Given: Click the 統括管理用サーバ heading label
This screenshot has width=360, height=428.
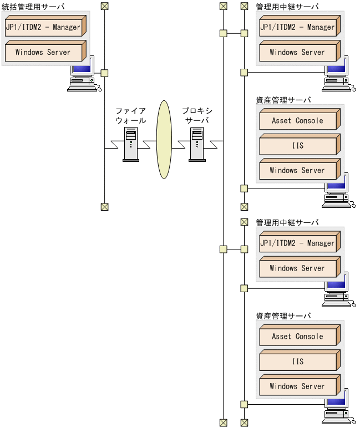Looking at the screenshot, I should (x=33, y=6).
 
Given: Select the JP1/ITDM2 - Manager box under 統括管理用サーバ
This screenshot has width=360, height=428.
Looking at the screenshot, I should (x=43, y=27).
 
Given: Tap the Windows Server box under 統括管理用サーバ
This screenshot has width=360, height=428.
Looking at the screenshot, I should (x=43, y=52).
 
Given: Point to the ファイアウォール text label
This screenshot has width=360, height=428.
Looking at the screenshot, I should (x=131, y=115).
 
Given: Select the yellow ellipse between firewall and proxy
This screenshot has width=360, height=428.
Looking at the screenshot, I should (x=164, y=139).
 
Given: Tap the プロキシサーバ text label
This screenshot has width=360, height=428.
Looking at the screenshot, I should (x=197, y=115).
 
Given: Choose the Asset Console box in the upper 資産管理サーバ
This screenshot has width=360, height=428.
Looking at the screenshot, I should (x=298, y=120).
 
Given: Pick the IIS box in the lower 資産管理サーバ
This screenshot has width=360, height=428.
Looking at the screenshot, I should (x=298, y=361).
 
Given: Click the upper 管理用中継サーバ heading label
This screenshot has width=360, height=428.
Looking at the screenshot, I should (x=287, y=6).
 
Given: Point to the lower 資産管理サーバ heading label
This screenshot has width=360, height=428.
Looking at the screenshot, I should (x=283, y=315).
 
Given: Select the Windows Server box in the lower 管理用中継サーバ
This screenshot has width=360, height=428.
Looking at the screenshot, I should (x=298, y=268).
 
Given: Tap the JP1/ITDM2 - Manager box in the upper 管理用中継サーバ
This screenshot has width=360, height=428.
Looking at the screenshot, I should (x=298, y=27).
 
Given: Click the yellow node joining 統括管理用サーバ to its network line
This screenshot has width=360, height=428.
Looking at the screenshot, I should (x=104, y=73).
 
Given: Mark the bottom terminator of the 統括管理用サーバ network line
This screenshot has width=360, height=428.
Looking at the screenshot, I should (x=104, y=207).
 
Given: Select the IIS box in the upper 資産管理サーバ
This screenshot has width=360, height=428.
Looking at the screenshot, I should (x=298, y=146).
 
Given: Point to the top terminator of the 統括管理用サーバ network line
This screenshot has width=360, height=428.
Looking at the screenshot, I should (x=104, y=6).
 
